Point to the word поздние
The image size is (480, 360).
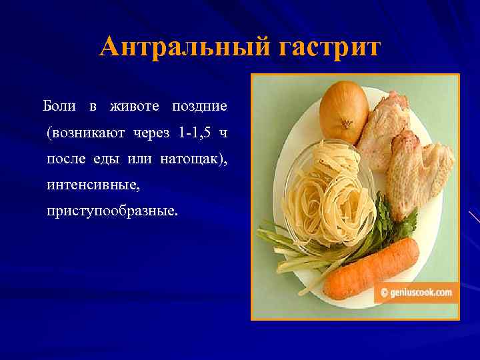200,106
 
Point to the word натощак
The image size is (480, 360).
195,159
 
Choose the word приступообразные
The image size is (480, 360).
112,212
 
